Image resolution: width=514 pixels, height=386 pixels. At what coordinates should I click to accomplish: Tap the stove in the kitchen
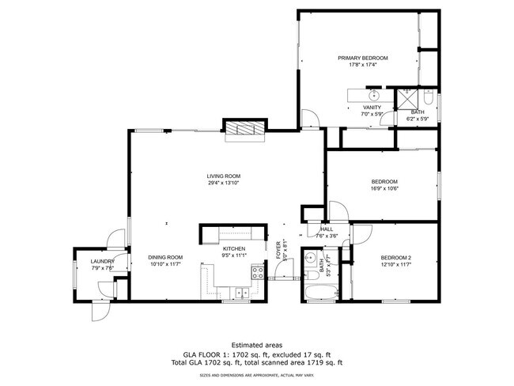(258, 274)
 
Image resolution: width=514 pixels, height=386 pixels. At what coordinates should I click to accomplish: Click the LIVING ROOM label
(224, 176)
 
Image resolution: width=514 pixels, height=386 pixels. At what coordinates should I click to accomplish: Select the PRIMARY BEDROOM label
(363, 59)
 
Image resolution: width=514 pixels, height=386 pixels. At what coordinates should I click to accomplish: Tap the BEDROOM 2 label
(396, 258)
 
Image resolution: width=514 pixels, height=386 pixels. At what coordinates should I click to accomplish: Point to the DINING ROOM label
(165, 257)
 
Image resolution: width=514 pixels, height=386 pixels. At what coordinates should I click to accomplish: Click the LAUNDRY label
(103, 261)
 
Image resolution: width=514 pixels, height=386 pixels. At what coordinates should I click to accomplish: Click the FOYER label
(278, 250)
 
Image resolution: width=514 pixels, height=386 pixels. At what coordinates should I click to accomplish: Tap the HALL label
(327, 229)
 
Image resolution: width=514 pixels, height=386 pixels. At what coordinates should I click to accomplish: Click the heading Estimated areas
(256, 345)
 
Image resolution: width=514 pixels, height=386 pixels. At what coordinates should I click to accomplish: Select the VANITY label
(372, 107)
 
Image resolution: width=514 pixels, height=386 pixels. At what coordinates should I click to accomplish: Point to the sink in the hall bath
(312, 259)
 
